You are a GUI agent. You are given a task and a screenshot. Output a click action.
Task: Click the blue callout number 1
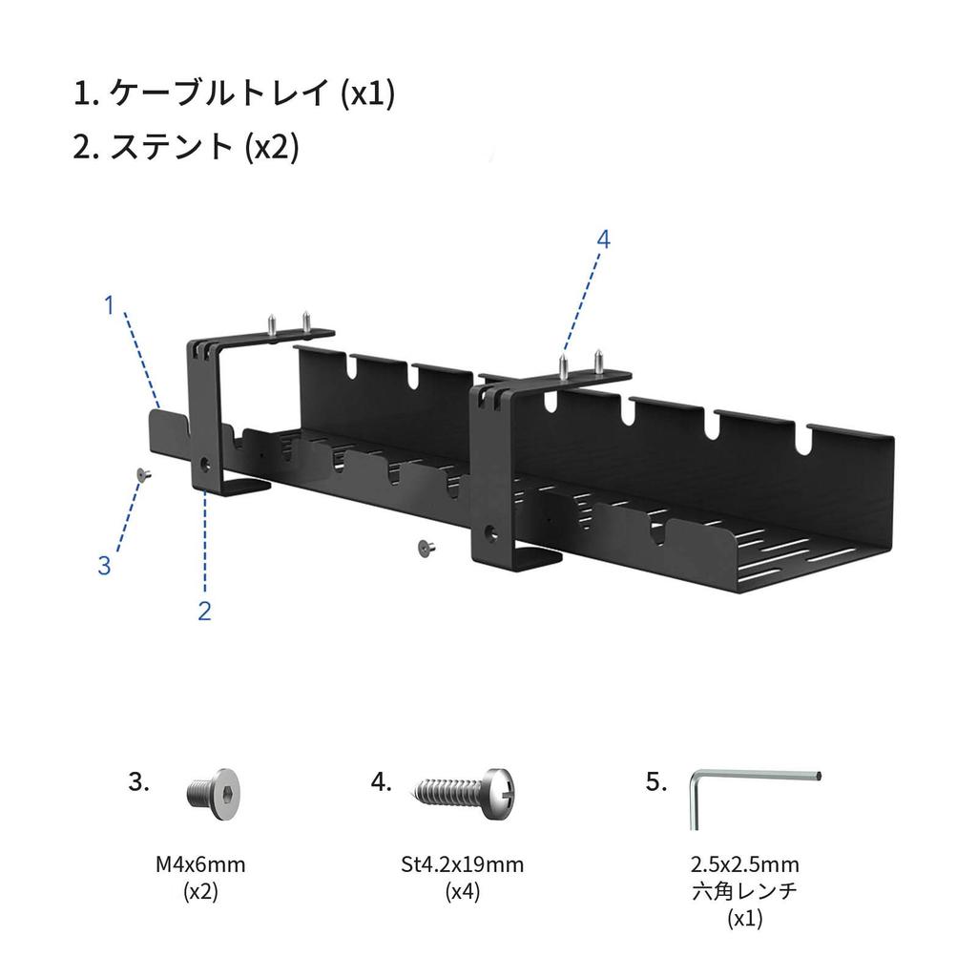[110, 305]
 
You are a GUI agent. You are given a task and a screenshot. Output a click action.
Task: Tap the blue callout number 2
[204, 611]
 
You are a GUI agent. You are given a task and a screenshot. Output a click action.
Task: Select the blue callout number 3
[104, 565]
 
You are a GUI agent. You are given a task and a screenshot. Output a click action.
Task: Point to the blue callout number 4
[602, 239]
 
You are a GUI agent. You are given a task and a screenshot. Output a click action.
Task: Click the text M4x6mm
[200, 865]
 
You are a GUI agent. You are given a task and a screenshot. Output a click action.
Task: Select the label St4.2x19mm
[463, 865]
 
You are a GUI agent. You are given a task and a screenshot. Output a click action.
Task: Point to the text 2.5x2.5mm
[745, 865]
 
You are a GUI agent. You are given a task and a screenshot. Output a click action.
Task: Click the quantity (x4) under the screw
[463, 893]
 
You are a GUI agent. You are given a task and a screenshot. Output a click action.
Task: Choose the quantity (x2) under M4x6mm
[200, 893]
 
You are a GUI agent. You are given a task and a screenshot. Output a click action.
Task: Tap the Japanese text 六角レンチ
[745, 893]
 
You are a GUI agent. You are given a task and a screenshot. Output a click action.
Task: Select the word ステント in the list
[173, 147]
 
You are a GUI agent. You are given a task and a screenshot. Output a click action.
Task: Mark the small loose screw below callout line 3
[142, 474]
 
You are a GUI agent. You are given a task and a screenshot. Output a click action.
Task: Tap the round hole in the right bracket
[491, 531]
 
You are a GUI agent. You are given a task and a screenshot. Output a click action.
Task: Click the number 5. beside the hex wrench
[655, 782]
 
